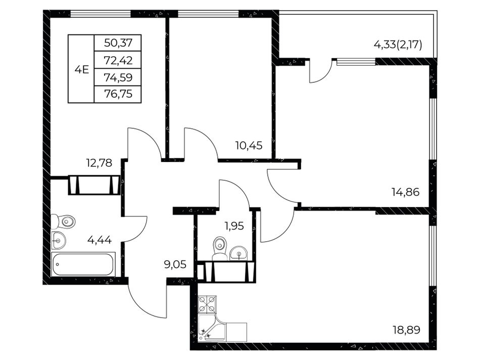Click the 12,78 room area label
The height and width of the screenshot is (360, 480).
point(99,163)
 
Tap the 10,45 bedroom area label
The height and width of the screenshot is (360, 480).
point(249,145)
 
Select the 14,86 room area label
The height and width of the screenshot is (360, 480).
point(406,192)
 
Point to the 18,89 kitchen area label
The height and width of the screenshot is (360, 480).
point(407,330)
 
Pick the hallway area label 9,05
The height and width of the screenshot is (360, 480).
point(175,264)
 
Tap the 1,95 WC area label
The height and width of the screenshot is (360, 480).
point(234,226)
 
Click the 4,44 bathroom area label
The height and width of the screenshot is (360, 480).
point(100,240)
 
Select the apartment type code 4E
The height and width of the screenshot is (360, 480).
point(82,70)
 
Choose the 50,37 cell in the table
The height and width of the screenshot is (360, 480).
point(118,43)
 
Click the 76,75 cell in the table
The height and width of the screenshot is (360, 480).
point(118,93)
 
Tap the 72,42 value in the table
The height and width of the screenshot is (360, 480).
point(118,60)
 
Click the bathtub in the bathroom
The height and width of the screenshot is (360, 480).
point(83,265)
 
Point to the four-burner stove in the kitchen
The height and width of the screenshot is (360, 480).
point(207,304)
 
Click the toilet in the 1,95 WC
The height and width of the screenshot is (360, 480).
point(219,248)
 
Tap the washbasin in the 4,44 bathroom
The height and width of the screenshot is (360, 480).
point(58,240)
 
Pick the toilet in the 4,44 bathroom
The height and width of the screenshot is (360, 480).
point(63,222)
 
